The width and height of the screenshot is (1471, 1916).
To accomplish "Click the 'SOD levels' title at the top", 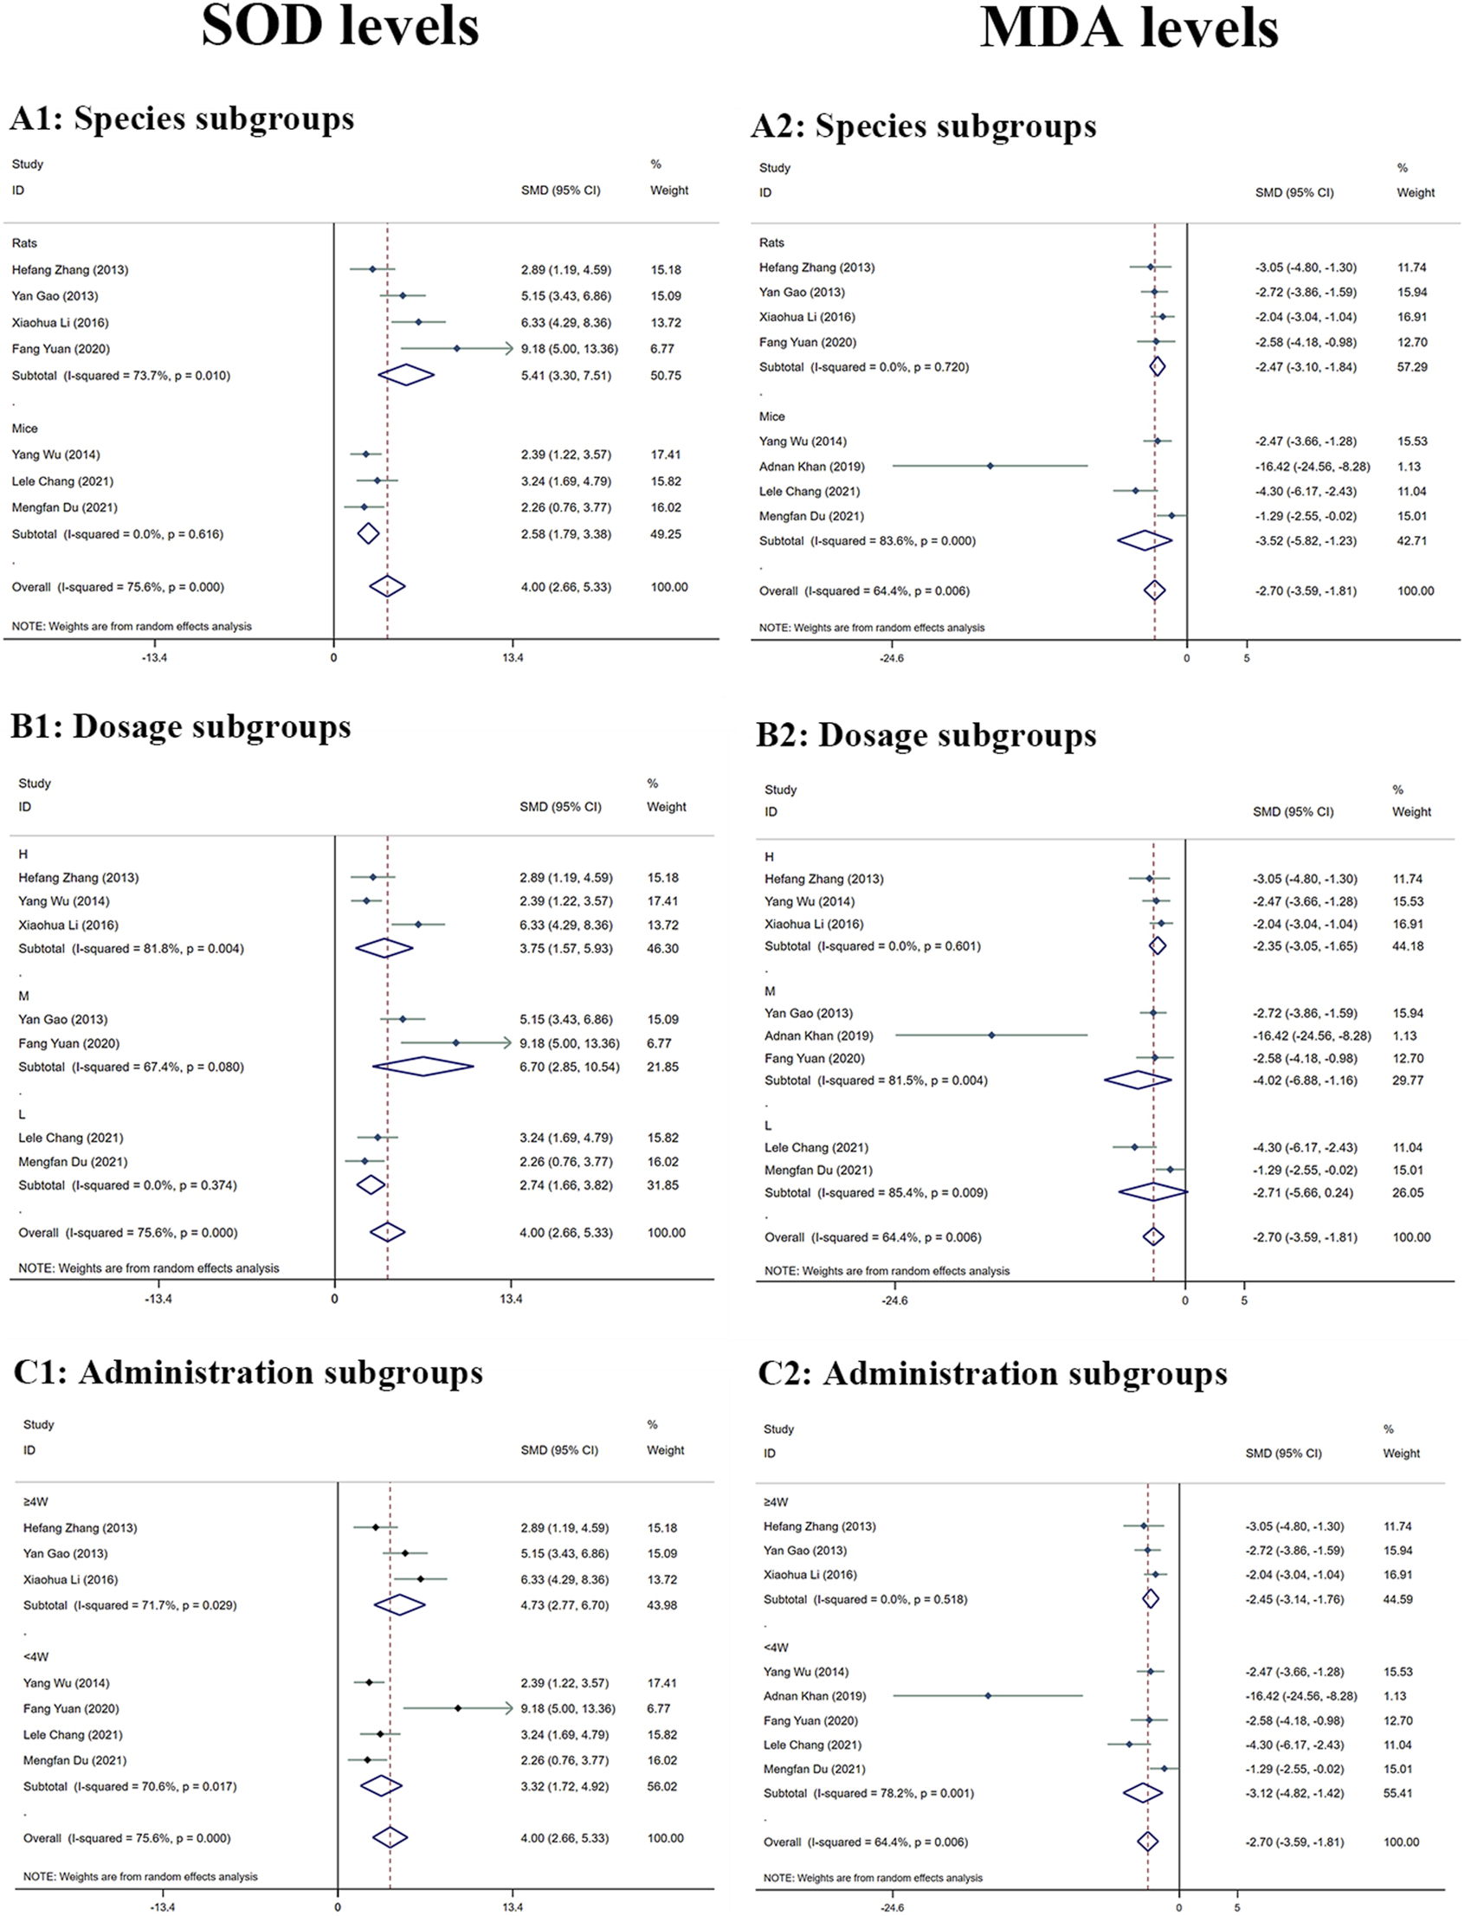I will click(339, 26).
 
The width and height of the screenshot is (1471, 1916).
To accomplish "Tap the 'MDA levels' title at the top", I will click(1129, 28).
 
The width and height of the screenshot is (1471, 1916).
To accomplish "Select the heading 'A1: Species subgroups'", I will click(182, 119).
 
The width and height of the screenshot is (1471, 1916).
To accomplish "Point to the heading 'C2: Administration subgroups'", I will click(992, 1374).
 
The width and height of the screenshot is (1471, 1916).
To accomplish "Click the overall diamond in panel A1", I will click(387, 587).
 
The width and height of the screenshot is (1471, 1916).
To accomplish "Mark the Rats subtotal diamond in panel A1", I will click(406, 375).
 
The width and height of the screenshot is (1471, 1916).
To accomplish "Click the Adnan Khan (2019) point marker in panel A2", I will click(990, 466).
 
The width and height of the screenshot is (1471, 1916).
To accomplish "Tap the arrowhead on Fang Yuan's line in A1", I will click(508, 349).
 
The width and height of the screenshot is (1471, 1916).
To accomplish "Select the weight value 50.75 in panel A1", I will click(666, 375).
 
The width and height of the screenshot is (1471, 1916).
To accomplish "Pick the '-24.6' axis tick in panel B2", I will click(894, 1300).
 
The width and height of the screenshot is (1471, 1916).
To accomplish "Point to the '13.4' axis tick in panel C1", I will click(513, 1907).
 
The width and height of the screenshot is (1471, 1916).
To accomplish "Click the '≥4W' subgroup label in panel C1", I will click(35, 1502).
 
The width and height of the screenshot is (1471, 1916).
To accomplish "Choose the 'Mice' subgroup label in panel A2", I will click(771, 416).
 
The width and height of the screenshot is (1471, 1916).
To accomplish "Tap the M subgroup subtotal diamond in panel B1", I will click(423, 1067).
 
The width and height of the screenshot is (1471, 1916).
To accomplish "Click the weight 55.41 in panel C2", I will click(1397, 1792).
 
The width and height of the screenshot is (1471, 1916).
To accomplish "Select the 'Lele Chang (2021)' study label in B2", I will click(816, 1147).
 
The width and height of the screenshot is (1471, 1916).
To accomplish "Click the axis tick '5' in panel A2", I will click(1247, 658).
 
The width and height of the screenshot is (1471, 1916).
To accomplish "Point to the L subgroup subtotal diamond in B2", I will click(1153, 1192).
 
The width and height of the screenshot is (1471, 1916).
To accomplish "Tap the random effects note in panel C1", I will click(140, 1876).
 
